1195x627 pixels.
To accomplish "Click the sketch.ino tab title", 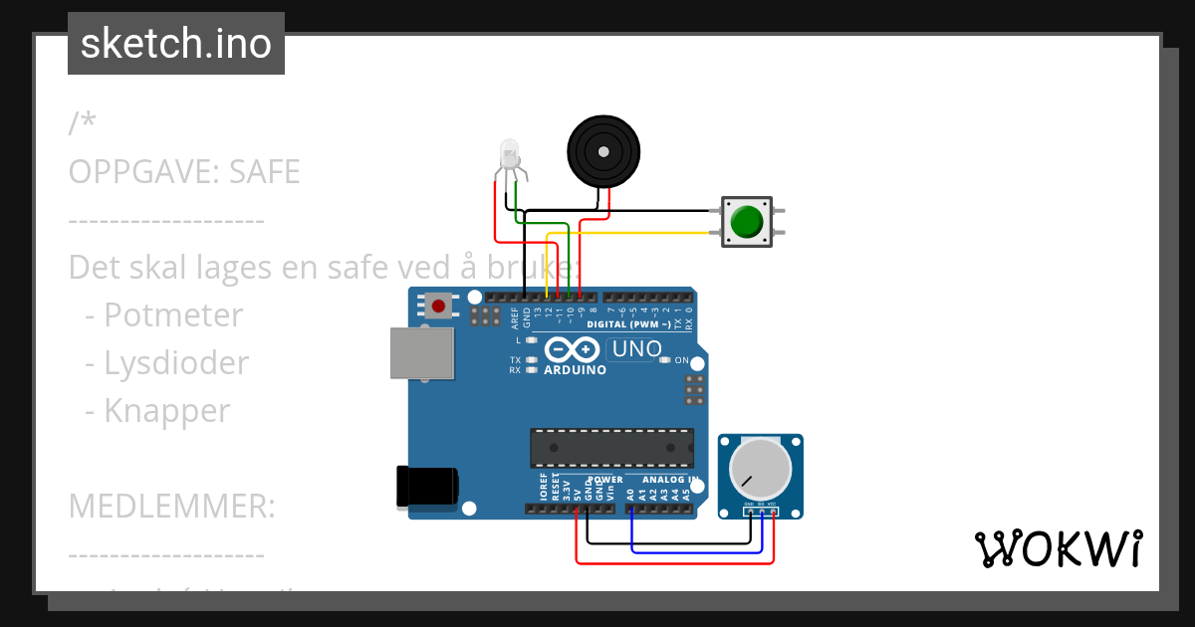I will [176, 44].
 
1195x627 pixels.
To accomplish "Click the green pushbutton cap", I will [746, 221].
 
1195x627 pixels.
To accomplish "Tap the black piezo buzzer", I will [600, 151].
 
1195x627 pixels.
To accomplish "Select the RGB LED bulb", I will [510, 153].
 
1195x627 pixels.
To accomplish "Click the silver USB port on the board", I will [421, 353].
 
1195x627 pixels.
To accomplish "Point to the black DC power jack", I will [427, 487].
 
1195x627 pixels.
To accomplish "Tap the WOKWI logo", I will [1058, 548].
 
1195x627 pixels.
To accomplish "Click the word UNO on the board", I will [636, 349].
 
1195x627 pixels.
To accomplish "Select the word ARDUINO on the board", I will [575, 370].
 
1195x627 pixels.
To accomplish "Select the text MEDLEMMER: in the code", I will [171, 507].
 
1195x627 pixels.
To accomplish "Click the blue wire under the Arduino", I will [697, 551].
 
